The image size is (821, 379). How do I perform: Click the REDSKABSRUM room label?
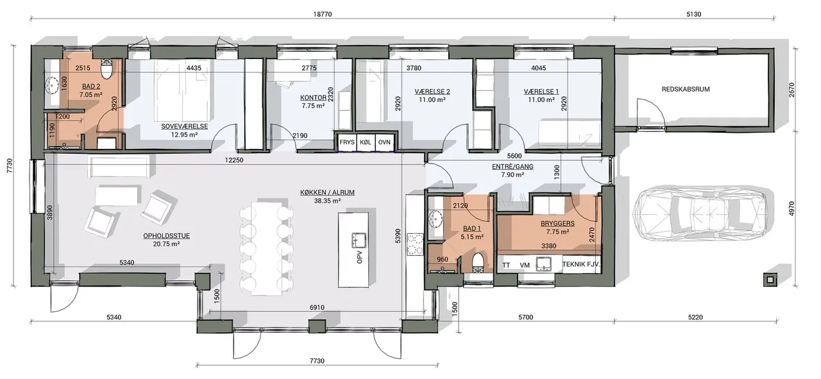[686, 89]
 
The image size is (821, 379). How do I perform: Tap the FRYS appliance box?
[347, 142]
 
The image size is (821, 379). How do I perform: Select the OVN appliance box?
[384, 142]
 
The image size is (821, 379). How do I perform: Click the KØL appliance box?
[366, 142]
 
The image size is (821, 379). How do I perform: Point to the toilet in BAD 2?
[107, 70]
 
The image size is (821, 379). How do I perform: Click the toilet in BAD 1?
[478, 262]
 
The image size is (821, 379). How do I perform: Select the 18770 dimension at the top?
[322, 14]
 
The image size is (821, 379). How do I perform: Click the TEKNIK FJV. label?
[581, 264]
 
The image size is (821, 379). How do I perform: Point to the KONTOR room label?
[313, 97]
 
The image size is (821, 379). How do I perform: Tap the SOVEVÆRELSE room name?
[184, 126]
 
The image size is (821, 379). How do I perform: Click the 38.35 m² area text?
[327, 201]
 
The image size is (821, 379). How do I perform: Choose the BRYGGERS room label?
[557, 223]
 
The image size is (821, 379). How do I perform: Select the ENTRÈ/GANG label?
[512, 166]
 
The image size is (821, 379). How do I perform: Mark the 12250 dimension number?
[234, 160]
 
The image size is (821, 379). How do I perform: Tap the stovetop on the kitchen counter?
[415, 244]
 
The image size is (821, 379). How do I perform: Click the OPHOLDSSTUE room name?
[166, 236]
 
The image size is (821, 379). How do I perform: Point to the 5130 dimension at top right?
[693, 14]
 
